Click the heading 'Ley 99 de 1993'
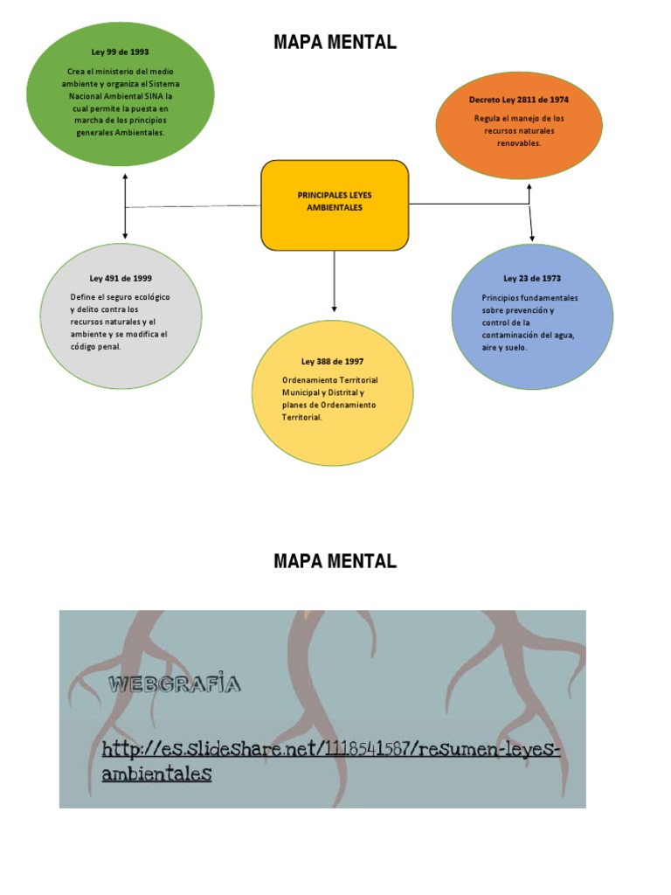[x=120, y=52]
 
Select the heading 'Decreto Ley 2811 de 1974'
[x=518, y=101]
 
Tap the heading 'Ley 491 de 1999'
[x=121, y=279]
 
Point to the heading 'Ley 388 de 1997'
[x=332, y=361]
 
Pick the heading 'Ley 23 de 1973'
[x=532, y=279]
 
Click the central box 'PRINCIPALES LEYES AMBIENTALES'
[x=335, y=202]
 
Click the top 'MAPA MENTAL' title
[x=335, y=42]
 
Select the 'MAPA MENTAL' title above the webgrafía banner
[x=335, y=562]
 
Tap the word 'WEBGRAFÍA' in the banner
[x=173, y=684]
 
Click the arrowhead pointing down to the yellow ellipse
[x=334, y=307]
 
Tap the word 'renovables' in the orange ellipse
[x=519, y=142]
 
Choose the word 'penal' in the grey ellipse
[x=110, y=346]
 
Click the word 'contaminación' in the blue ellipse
[x=510, y=335]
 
